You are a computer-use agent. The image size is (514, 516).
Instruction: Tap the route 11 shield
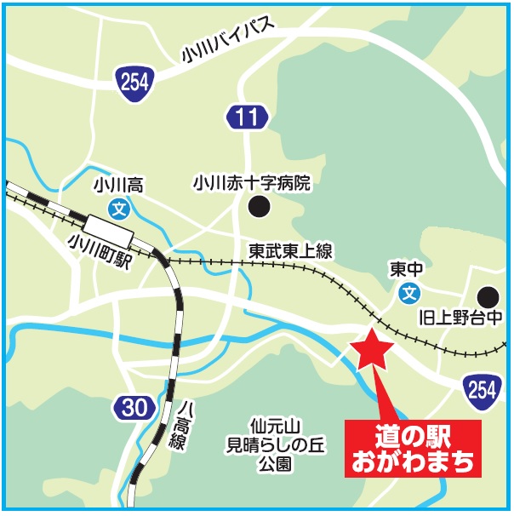point(247,118)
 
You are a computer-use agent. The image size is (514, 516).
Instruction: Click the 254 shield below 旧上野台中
point(482,390)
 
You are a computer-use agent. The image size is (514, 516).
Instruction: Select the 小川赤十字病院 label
point(252,182)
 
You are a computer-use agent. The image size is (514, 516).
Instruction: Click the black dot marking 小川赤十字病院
point(256,206)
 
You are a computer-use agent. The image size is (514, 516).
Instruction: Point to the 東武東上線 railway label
point(290,250)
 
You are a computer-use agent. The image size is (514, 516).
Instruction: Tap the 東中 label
point(408,269)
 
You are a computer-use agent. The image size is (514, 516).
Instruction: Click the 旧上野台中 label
point(463,319)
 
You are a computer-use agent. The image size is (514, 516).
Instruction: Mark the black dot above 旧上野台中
point(488,296)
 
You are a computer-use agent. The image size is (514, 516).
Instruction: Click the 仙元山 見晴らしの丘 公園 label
point(271,444)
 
